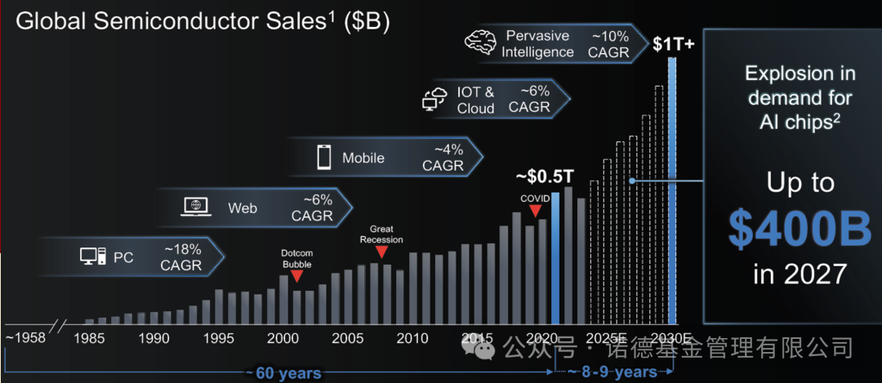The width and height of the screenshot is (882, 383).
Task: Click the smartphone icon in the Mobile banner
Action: pyautogui.click(x=323, y=157)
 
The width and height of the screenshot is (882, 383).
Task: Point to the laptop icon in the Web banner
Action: pyautogui.click(x=195, y=207)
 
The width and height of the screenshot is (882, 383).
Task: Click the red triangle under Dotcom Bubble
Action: pyautogui.click(x=296, y=277)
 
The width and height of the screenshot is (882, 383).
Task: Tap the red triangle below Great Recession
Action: pyautogui.click(x=381, y=252)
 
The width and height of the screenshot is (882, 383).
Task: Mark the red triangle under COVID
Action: pyautogui.click(x=536, y=211)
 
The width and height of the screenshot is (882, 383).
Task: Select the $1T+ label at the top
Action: pyautogui.click(x=673, y=43)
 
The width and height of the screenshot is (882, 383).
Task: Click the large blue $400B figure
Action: pyautogui.click(x=800, y=229)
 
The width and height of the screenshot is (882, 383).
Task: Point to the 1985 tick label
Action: pyautogui.click(x=90, y=338)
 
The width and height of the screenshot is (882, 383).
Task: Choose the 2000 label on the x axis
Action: pyautogui.click(x=283, y=338)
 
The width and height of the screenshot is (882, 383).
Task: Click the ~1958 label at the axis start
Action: pyautogui.click(x=26, y=338)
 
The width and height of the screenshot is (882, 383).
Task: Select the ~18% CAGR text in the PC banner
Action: pyautogui.click(x=180, y=257)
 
